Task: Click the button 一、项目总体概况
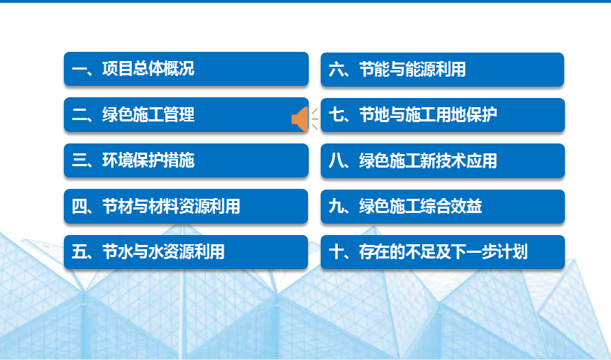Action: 186,69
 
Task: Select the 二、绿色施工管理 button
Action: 186,114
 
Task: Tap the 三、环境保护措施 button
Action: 186,160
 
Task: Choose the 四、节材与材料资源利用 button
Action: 186,207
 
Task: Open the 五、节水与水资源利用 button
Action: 186,252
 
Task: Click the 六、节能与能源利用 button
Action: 442,70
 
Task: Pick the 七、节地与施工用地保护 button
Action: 443,115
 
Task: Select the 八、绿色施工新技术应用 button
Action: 443,160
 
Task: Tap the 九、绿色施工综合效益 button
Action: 443,207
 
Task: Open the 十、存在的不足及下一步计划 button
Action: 443,252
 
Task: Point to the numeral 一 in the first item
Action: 79,70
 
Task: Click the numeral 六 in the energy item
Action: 336,70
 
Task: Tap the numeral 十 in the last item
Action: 336,252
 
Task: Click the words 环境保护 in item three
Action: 133,160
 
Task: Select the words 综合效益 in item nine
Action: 451,207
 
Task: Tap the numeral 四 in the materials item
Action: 79,207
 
